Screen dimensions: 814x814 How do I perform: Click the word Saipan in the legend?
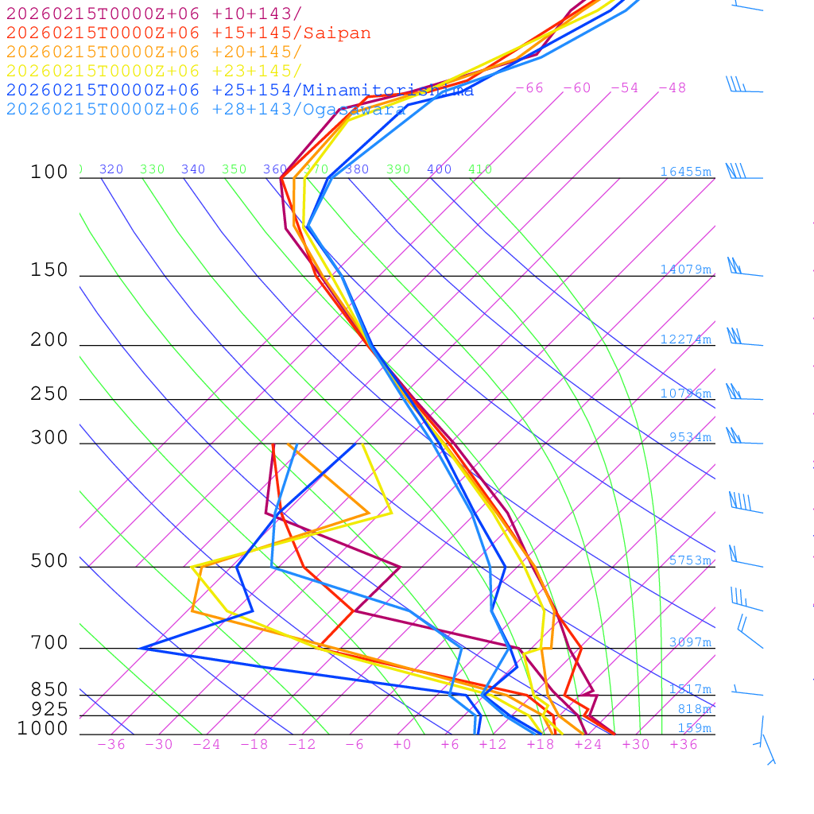click(x=336, y=33)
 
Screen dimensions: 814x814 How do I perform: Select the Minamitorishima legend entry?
click(x=388, y=91)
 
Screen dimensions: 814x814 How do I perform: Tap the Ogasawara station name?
click(x=354, y=110)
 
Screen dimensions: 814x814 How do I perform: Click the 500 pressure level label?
click(x=50, y=561)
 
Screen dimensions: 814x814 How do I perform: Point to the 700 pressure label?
click(x=50, y=643)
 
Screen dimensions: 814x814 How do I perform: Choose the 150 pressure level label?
click(x=50, y=270)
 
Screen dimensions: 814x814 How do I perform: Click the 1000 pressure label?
click(x=43, y=728)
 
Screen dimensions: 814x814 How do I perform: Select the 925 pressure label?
click(x=50, y=708)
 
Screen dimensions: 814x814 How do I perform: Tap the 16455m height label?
click(x=685, y=172)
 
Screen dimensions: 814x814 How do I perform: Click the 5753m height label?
click(x=689, y=560)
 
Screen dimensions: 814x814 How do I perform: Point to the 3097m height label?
click(x=689, y=642)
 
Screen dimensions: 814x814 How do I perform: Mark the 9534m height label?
click(x=689, y=437)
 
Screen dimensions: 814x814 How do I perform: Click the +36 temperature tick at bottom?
click(x=684, y=745)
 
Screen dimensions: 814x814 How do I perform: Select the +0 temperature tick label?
click(x=402, y=745)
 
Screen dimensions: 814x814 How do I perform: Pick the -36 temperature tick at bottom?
click(x=110, y=745)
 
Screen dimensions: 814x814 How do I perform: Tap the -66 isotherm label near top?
click(x=529, y=88)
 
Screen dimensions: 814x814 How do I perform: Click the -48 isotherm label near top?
click(x=672, y=88)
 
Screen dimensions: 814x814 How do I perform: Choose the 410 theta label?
click(x=480, y=169)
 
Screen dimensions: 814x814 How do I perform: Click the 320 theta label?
click(x=111, y=169)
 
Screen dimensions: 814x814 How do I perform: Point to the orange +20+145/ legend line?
click(x=154, y=52)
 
